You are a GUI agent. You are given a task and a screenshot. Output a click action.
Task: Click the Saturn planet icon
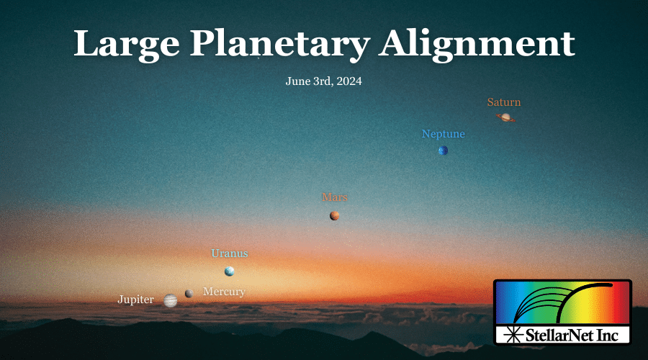pyautogui.click(x=505, y=117)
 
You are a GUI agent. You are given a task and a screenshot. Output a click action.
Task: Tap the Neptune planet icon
pyautogui.click(x=443, y=150)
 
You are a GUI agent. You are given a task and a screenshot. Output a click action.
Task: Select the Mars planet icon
pyautogui.click(x=335, y=215)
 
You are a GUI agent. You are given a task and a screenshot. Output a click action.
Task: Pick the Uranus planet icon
pyautogui.click(x=229, y=271)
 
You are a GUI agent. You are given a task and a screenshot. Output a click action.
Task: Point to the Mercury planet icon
pyautogui.click(x=189, y=293)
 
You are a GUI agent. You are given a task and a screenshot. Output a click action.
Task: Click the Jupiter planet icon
pyautogui.click(x=171, y=300)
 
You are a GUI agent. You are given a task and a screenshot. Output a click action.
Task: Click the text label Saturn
pyautogui.click(x=503, y=102)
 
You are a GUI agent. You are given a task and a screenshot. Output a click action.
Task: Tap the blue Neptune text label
pyautogui.click(x=443, y=134)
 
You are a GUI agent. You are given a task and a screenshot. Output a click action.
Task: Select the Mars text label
pyautogui.click(x=335, y=197)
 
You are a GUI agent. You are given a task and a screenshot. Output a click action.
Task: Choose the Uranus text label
pyautogui.click(x=229, y=253)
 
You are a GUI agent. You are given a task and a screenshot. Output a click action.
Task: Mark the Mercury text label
pyautogui.click(x=224, y=292)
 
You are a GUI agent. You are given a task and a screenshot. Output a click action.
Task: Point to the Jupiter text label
pyautogui.click(x=135, y=300)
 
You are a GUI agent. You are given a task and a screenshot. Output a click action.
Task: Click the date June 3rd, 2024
pyautogui.click(x=323, y=81)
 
